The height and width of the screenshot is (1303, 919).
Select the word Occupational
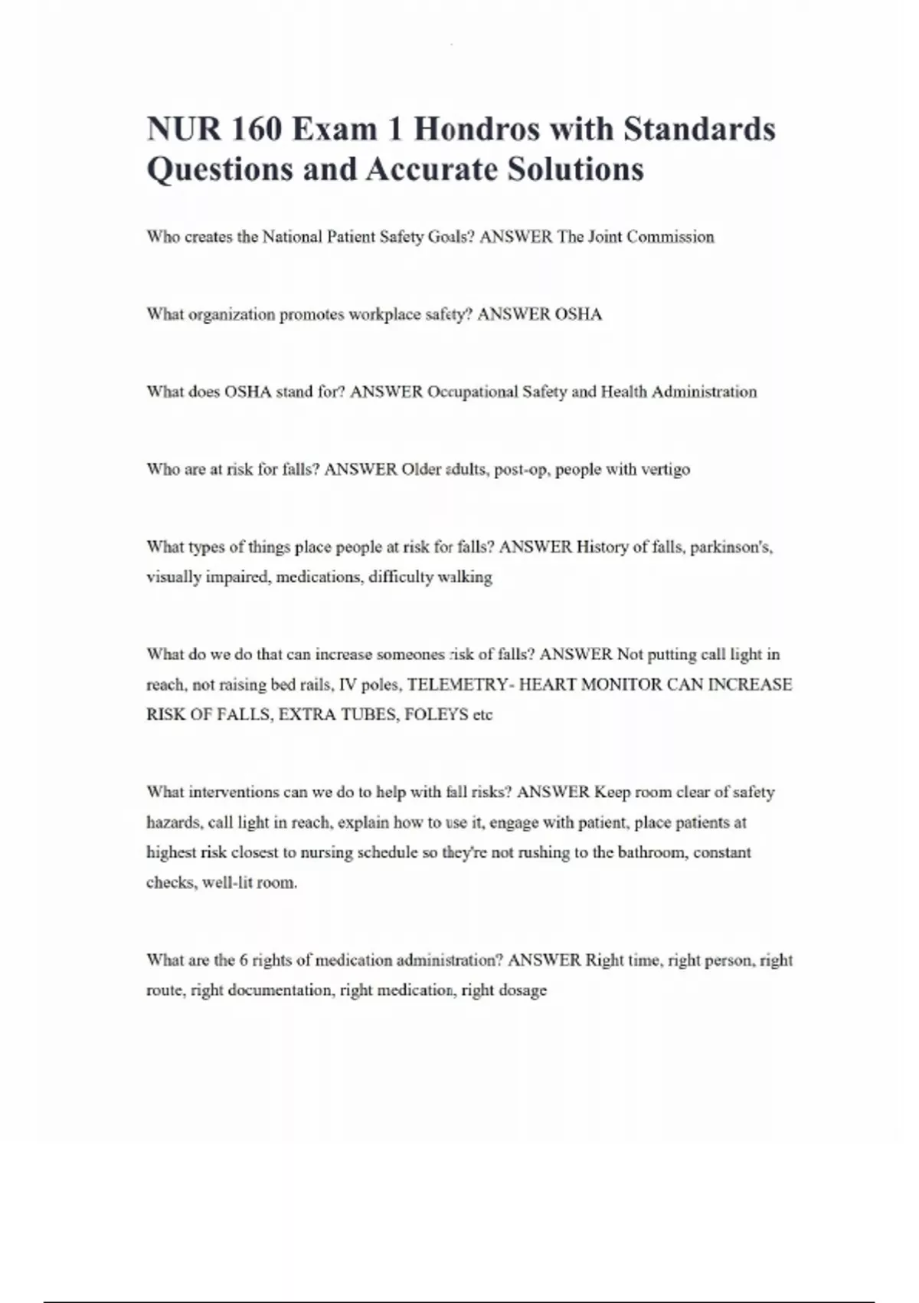tap(473, 392)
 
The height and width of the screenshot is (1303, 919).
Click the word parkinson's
tap(731, 547)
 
